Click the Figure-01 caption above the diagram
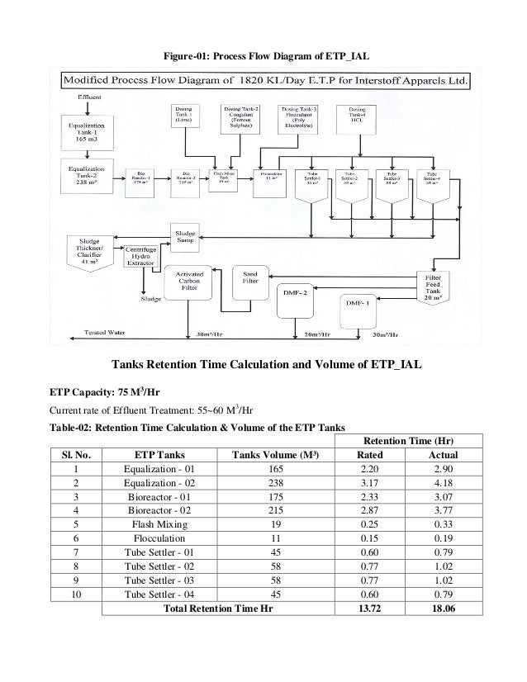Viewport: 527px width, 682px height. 263,56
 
